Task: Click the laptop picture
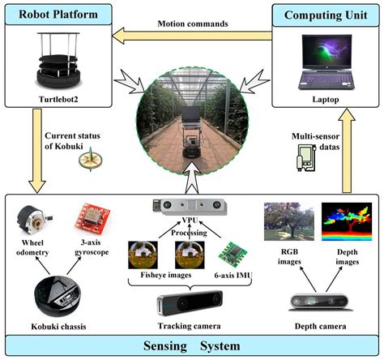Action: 328,59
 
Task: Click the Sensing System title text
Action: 191,345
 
